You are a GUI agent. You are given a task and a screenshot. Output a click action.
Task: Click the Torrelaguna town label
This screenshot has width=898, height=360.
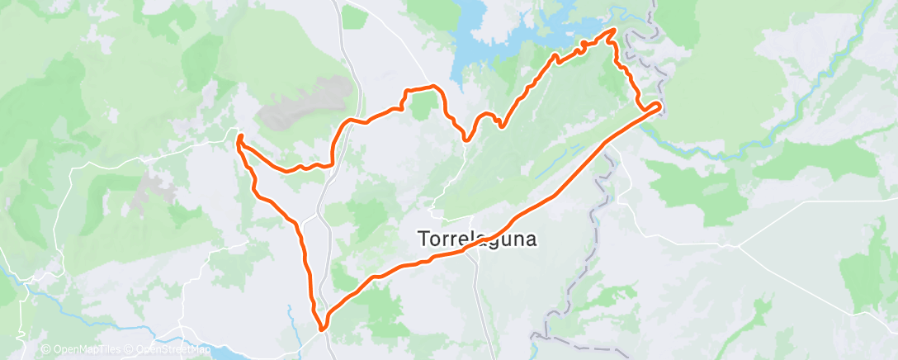475,239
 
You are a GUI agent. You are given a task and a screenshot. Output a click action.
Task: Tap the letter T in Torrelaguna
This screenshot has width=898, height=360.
419,239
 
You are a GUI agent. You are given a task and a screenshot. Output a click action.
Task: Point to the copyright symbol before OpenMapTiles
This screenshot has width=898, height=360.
45,350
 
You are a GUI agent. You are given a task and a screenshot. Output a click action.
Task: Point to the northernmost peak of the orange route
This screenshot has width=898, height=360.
614,30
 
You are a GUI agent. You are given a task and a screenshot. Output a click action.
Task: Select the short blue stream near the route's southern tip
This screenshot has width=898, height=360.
291,314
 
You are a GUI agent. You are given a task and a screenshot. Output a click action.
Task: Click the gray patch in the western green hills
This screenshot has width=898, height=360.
153,186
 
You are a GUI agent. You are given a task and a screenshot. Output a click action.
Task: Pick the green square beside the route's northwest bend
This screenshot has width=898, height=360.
423,104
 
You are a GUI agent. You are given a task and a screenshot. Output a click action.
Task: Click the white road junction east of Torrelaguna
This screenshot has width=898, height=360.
739,245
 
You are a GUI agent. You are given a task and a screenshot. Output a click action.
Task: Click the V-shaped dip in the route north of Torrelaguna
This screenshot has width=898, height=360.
466,139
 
